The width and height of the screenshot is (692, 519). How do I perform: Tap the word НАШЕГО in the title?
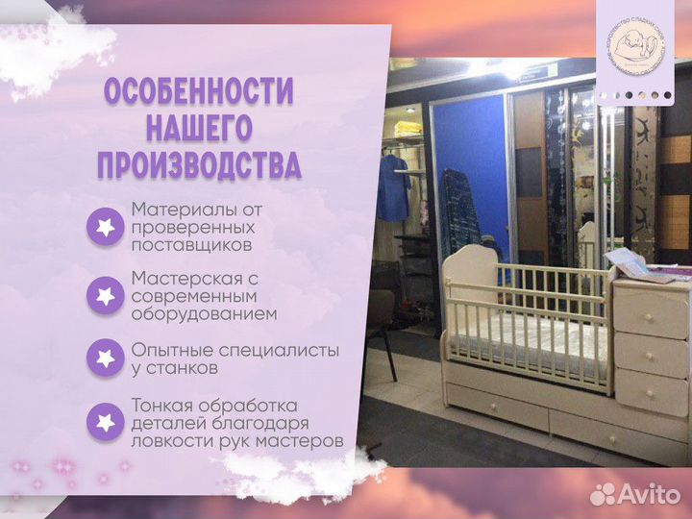198,129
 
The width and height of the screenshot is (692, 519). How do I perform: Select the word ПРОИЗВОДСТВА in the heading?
198,164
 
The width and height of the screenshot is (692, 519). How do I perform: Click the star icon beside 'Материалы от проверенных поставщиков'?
105,227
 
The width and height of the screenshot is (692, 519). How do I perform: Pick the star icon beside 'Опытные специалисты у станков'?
105,358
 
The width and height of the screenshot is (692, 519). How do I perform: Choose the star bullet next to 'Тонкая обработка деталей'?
105,422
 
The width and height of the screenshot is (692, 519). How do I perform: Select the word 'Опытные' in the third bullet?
169,349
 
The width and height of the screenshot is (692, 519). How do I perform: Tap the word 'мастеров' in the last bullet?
306,441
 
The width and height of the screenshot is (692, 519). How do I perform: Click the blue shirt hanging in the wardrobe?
392,187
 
